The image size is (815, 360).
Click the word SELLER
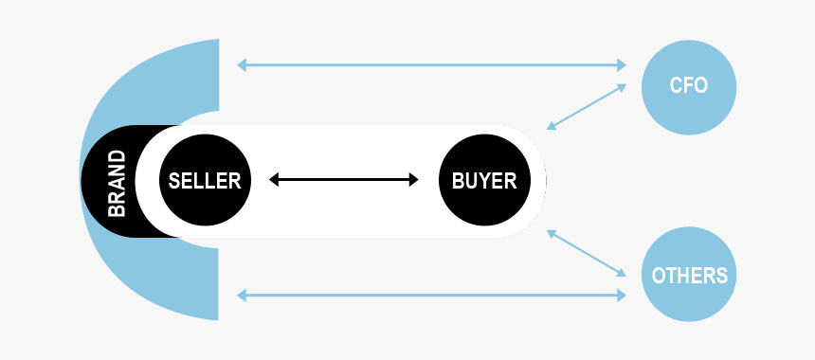(x=205, y=180)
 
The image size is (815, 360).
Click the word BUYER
(x=484, y=180)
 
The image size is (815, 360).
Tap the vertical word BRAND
(x=117, y=181)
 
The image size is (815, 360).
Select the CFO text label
(x=689, y=85)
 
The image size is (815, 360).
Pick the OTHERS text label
(x=689, y=276)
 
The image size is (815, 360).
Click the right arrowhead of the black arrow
(x=413, y=180)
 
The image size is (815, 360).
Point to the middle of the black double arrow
(x=344, y=180)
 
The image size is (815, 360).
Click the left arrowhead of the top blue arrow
(x=242, y=65)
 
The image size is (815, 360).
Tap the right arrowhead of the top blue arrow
(x=621, y=65)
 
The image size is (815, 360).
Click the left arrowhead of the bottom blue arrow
(x=242, y=296)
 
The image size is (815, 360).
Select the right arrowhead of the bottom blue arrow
(x=621, y=296)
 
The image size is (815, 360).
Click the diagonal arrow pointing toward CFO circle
(x=587, y=106)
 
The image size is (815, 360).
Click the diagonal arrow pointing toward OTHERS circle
(x=587, y=253)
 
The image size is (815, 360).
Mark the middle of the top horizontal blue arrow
(x=431, y=65)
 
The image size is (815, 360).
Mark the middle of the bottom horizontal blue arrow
(x=431, y=296)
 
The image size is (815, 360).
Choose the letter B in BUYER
(x=458, y=180)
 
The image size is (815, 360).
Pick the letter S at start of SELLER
(x=174, y=180)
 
